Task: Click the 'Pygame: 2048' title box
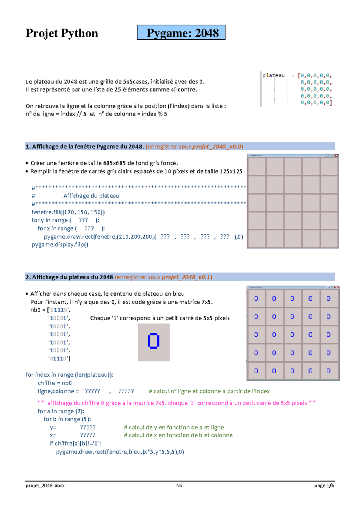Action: [181, 33]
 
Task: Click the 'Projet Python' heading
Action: [62, 33]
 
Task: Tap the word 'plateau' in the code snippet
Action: [273, 75]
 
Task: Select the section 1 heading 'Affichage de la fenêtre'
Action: [85, 146]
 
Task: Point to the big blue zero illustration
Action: [154, 341]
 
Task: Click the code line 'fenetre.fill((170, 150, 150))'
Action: [68, 212]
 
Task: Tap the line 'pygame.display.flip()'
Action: [60, 244]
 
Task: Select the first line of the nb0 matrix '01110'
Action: [59, 310]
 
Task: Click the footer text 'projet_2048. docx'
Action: [45, 485]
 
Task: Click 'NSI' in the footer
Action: [180, 485]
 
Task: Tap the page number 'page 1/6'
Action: [324, 485]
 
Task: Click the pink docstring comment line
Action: [177, 403]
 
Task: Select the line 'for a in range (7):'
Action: [61, 411]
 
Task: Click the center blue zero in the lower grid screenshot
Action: [292, 335]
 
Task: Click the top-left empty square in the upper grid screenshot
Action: [257, 167]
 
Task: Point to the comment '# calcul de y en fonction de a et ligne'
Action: [174, 427]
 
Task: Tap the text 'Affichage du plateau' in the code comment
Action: [91, 196]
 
